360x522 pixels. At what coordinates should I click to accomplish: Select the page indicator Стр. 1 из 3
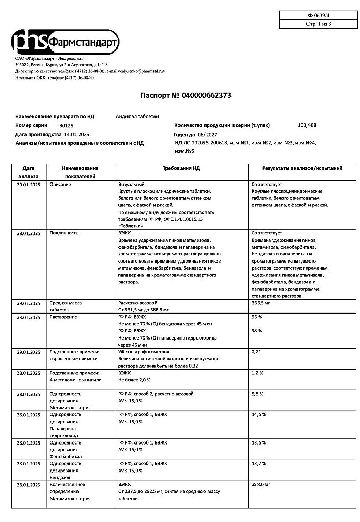tap(318, 24)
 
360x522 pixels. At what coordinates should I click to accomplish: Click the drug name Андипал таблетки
tap(138, 116)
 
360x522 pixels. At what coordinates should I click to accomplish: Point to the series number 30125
tap(66, 125)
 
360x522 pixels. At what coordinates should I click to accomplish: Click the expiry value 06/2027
tap(214, 134)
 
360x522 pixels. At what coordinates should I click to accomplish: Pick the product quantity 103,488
tap(306, 125)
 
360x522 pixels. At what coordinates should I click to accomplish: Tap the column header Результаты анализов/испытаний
tap(302, 168)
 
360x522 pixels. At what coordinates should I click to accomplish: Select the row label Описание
tap(60, 184)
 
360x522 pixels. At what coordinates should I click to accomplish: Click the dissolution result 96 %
tap(257, 317)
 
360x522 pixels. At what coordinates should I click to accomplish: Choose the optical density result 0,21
tap(257, 352)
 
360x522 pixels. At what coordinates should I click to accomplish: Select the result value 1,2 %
tap(258, 373)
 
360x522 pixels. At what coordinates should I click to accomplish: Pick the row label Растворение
tap(63, 317)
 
